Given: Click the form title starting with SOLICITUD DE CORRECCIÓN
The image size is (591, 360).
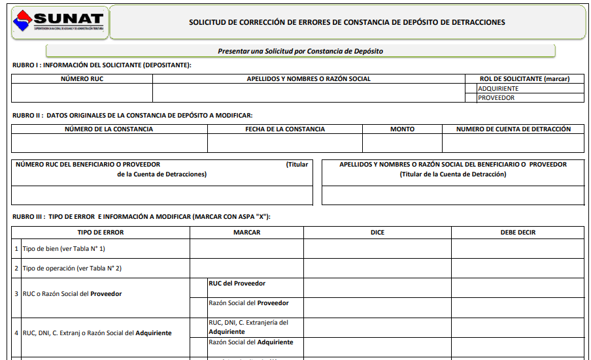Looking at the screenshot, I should coord(346,22).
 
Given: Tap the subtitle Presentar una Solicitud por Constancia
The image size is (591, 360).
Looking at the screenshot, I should coord(300,51).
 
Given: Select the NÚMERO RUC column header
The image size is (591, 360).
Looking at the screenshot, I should coord(82,79).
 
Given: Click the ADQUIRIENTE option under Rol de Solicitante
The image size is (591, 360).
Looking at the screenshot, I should coord(498,89).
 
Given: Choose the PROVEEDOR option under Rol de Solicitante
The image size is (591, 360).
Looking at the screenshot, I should coord(496,98).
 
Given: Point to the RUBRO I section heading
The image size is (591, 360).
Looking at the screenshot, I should coord(102,65).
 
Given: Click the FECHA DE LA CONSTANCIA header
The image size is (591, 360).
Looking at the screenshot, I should coord(285,129).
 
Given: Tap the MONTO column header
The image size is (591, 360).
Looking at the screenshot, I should coord(402,129).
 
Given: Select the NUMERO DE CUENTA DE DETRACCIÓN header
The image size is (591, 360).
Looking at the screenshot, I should coord(513,129).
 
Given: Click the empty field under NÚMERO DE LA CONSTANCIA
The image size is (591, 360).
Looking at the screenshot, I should coord(109,142).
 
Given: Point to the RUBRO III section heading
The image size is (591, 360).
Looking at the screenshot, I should coord(141,217).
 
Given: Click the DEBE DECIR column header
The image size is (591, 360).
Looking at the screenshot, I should coord(518,233).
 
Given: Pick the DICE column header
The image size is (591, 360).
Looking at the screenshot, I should coord(377,233).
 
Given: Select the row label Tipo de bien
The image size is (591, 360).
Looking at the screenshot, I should coord(63,249).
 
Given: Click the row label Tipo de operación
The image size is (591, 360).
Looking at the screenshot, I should coord(72,269).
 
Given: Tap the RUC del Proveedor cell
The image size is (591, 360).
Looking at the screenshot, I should coord(237,284).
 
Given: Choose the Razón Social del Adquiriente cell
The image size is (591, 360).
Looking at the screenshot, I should coord(251,342).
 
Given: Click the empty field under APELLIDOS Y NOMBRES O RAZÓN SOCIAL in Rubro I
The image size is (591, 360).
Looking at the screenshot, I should coord(309,93).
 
